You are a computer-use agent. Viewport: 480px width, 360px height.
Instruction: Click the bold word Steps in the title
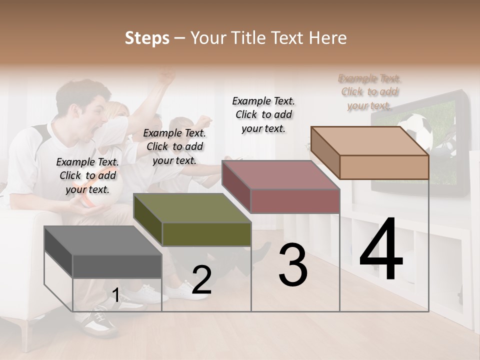(147, 38)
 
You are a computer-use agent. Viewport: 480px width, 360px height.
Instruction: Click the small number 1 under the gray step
(115, 295)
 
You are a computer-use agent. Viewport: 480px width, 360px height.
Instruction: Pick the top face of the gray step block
(95, 240)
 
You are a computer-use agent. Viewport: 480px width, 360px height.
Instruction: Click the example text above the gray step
(87, 175)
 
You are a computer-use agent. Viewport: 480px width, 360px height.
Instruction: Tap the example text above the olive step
(174, 146)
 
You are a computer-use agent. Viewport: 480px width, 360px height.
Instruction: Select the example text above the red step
(263, 114)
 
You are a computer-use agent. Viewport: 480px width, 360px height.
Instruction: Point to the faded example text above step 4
(369, 92)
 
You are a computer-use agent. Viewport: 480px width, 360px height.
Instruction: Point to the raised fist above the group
(166, 77)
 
